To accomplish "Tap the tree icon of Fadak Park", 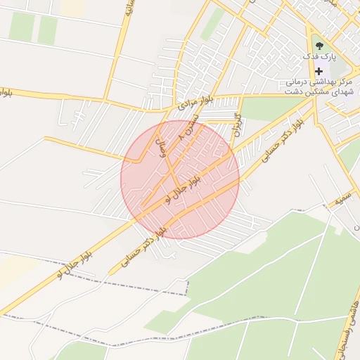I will [x=319, y=44].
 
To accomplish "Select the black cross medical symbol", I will [x=319, y=71].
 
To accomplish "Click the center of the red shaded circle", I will [x=180, y=179].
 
